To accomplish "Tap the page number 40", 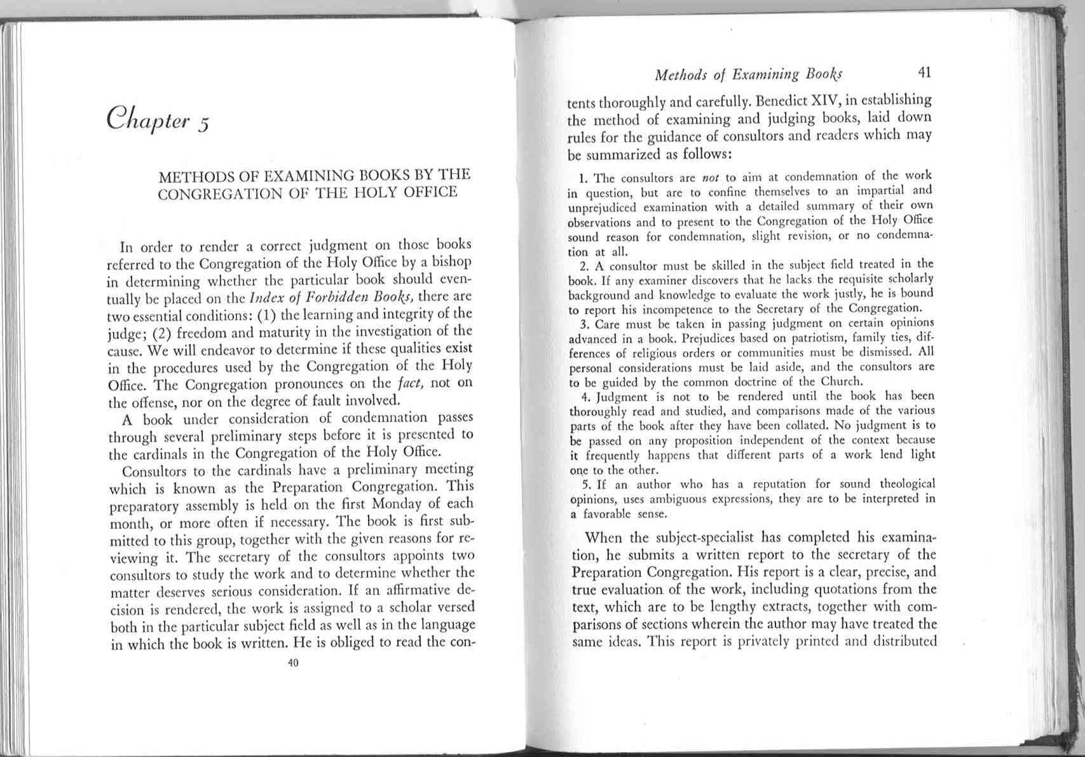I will [293, 663].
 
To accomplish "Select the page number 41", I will [925, 73].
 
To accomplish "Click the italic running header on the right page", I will [748, 75].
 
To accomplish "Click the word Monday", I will [402, 505].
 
